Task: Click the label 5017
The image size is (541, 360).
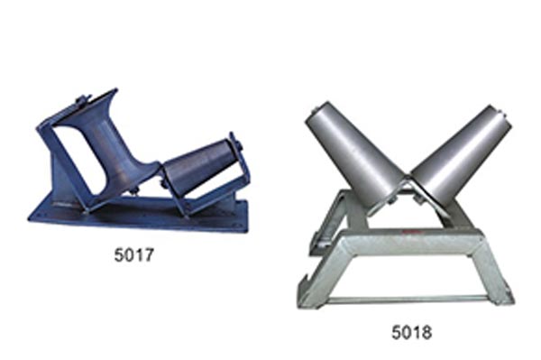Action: pyautogui.click(x=133, y=255)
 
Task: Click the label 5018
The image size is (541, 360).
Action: pyautogui.click(x=412, y=332)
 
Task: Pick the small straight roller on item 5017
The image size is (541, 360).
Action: pyautogui.click(x=200, y=165)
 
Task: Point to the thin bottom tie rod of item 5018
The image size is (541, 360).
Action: pyautogui.click(x=410, y=300)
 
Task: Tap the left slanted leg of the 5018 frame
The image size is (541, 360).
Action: pyautogui.click(x=319, y=272)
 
